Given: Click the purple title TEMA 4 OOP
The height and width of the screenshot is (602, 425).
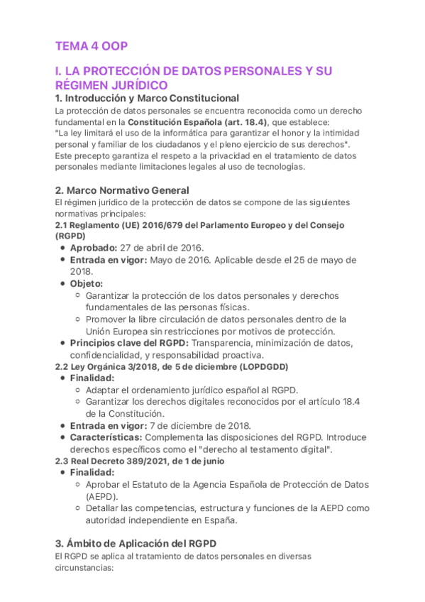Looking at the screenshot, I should point(92,46).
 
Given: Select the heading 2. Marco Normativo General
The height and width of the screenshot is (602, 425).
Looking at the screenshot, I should point(122,190).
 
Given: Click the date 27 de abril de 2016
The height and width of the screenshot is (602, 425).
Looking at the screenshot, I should point(162,247).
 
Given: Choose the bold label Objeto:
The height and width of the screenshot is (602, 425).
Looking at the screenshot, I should point(87,283).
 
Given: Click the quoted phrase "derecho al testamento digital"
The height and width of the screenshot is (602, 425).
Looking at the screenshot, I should point(263,449).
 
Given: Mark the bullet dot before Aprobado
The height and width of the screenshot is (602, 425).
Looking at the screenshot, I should point(63,248).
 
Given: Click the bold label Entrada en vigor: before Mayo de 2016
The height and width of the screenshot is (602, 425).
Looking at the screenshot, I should point(108,260).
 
